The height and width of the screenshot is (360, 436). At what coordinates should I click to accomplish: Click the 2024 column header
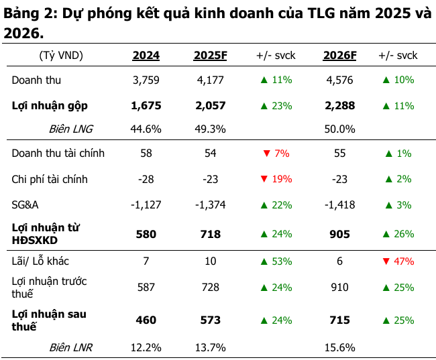coord(146,56)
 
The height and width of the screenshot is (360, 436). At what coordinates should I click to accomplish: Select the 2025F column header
coord(211,56)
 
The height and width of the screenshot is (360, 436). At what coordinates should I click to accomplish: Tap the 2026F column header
coord(339,56)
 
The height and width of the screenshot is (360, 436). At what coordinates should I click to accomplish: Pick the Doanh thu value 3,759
coord(146,80)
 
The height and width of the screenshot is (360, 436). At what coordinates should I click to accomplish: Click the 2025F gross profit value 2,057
coord(211,105)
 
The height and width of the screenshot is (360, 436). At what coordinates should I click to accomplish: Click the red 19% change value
coord(282,179)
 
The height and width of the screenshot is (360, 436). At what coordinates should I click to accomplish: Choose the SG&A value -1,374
coord(211,204)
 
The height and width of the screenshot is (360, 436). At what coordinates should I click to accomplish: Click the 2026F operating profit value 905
coord(339,234)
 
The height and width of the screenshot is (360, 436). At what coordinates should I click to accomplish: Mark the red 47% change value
coord(404,261)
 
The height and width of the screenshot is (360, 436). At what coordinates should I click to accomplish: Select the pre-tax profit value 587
coord(146,287)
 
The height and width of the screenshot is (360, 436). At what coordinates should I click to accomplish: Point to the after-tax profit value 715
coord(339,320)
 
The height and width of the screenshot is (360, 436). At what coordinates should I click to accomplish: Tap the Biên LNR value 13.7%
coord(211,348)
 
